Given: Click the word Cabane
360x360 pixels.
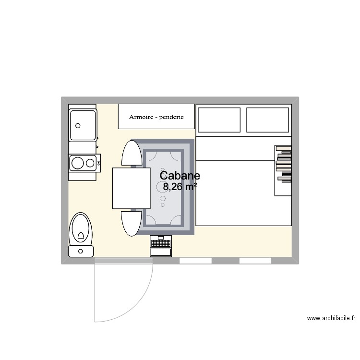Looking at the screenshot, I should pos(180,176).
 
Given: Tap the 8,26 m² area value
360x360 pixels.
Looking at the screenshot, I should pos(180,187).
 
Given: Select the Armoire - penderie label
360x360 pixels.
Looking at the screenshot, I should pos(156,117).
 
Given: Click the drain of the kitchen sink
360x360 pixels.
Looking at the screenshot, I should pos(77,126).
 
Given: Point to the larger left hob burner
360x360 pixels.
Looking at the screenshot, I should pos(77,163).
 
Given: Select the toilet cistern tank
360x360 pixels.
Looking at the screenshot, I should pos(81,251).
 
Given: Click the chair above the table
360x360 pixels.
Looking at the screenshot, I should pos(132,154).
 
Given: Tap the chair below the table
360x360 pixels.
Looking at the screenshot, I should pos(132,223).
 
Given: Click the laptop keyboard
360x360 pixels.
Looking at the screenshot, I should pos(160,252).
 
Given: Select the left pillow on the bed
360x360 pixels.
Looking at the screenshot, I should pos(219,120).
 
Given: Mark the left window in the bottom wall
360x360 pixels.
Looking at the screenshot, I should pos(195,261).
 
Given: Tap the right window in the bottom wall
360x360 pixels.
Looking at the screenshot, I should pos(255,261).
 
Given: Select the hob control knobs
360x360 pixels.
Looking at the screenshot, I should pos(99,163).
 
